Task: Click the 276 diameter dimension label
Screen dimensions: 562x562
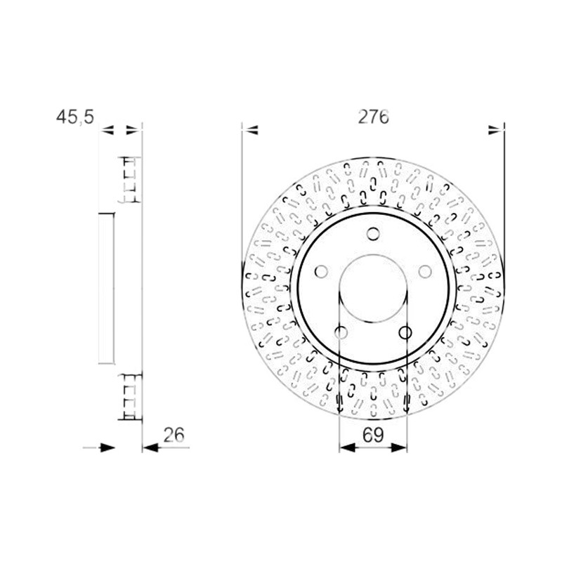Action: point(373,117)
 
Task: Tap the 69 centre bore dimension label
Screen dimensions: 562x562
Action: point(373,435)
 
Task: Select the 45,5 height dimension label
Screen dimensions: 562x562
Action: point(75,117)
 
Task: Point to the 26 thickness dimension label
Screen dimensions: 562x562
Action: point(174,435)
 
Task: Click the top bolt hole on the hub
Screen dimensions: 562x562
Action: point(373,234)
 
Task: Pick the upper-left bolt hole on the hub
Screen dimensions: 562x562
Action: point(321,272)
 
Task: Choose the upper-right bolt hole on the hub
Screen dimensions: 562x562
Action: point(425,272)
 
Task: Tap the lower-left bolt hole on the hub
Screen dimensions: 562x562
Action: point(341,332)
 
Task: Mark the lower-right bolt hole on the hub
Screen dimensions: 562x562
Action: point(405,332)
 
